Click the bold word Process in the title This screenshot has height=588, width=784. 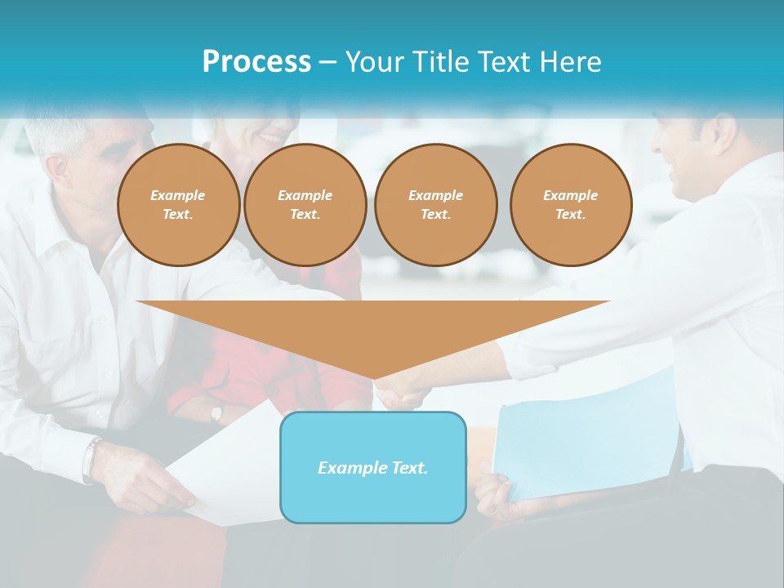click(256, 62)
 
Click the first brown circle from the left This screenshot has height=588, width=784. click(178, 205)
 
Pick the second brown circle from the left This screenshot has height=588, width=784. click(305, 205)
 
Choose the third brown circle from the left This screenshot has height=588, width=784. click(435, 205)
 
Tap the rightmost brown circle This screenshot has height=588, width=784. click(570, 205)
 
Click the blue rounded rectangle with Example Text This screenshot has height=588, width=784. click(373, 468)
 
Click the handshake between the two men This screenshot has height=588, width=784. click(402, 392)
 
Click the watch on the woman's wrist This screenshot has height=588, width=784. click(216, 412)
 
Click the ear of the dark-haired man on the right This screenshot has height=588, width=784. click(722, 131)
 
